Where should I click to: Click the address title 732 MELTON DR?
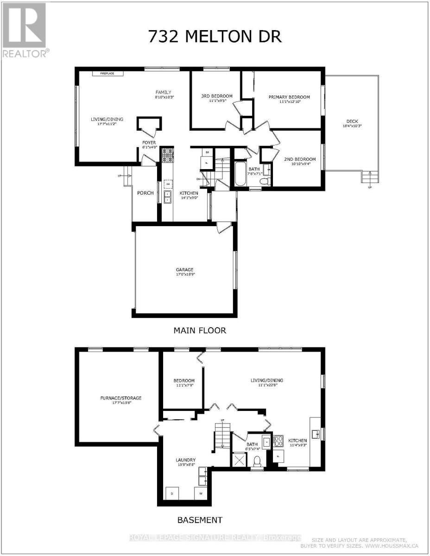point(215,37)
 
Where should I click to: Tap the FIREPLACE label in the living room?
point(104,73)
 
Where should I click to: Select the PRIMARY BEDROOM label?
point(289,97)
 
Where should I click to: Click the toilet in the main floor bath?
point(266,181)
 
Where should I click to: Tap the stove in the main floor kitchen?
point(167,154)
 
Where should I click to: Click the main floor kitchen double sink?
point(167,196)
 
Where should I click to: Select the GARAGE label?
point(184,270)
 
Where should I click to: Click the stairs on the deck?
point(369,177)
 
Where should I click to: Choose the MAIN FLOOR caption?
point(200,330)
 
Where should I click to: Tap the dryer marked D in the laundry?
point(172,493)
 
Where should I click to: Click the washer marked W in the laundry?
point(202,493)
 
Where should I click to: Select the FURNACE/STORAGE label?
point(120,398)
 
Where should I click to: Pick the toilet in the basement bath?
point(257,461)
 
